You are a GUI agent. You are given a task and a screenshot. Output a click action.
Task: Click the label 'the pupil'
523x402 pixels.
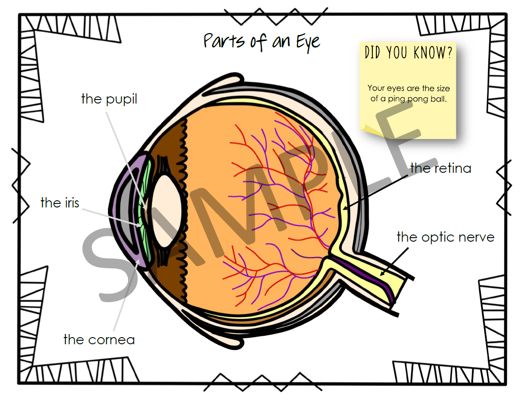click(x=109, y=99)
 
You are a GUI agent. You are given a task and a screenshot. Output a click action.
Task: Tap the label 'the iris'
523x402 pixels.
click(x=60, y=203)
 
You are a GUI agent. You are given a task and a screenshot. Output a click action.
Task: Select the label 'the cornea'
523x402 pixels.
click(x=99, y=340)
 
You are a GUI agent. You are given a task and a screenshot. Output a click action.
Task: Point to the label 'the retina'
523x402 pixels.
click(x=440, y=168)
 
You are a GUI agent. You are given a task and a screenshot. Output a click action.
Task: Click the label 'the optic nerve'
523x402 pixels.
click(x=445, y=237)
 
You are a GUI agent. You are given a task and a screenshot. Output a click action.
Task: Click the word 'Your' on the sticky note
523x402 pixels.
click(x=375, y=88)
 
